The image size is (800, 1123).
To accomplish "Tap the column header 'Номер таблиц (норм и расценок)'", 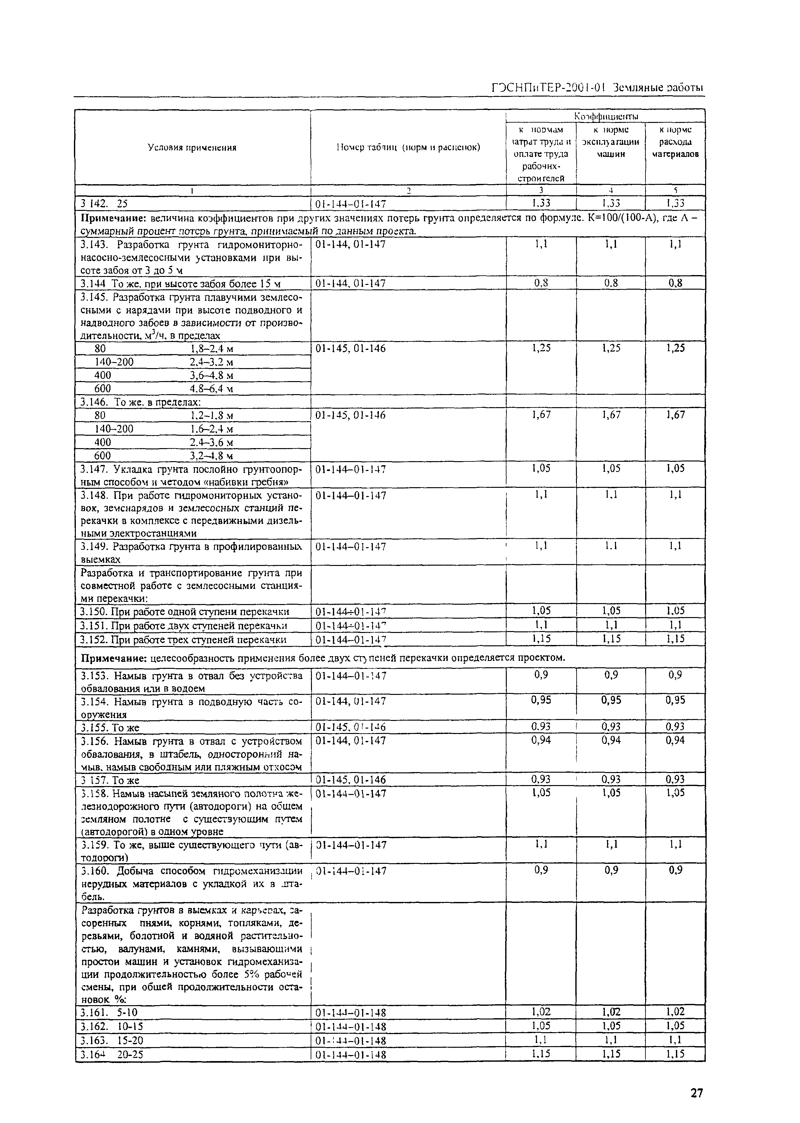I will pos(408,147).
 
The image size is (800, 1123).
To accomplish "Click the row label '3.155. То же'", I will pos(110,728).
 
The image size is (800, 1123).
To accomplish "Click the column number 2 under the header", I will pos(408,190).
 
